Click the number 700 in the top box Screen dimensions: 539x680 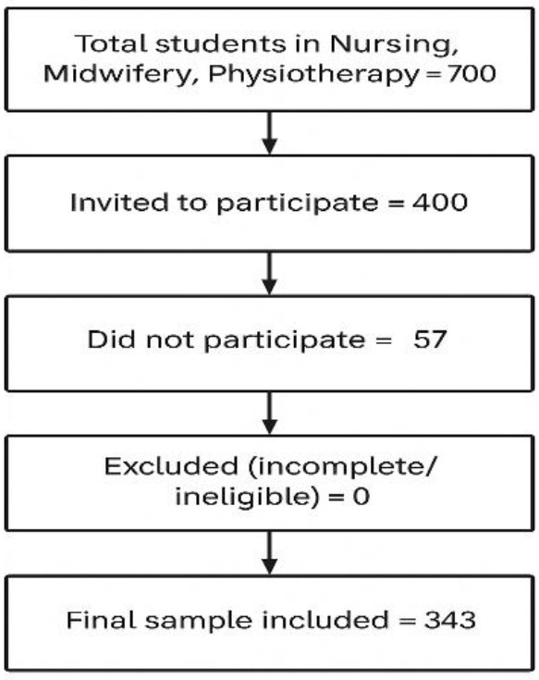(472, 73)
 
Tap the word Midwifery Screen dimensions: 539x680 (117, 74)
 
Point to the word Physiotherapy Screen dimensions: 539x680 (312, 74)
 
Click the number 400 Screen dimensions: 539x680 (440, 202)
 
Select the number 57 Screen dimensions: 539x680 (429, 340)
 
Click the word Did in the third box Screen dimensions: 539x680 (112, 340)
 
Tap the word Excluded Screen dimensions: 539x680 (171, 466)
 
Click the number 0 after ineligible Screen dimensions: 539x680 (361, 497)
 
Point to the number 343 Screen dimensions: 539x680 (449, 620)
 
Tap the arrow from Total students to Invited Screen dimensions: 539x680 (270, 132)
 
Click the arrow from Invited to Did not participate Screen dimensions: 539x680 (270, 273)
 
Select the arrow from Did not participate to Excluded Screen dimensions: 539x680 (270, 413)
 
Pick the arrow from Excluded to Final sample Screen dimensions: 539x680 (270, 553)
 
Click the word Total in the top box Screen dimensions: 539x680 (111, 43)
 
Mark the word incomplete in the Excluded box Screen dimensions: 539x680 (341, 467)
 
